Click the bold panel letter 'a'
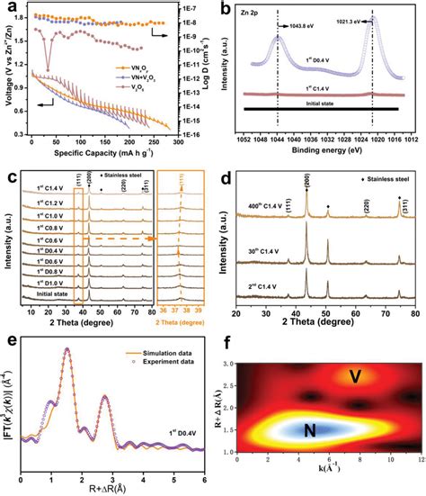(9, 7)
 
